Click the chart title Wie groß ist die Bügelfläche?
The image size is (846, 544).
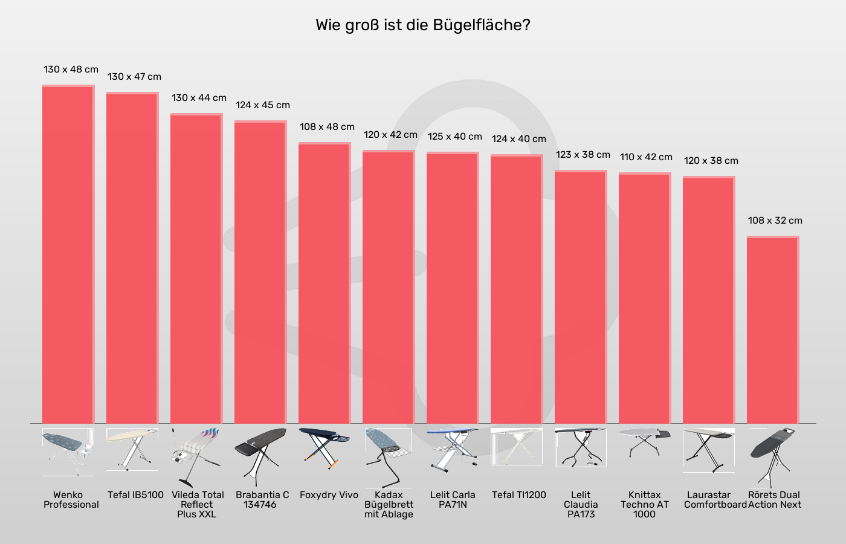click(422, 25)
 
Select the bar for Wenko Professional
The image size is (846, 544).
click(68, 254)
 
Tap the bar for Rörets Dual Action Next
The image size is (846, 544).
click(773, 329)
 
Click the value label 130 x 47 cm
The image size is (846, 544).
click(134, 77)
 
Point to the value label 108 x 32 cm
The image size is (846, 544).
click(775, 221)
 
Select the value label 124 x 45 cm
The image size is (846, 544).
click(262, 105)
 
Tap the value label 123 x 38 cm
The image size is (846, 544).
click(583, 155)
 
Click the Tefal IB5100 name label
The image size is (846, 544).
click(135, 495)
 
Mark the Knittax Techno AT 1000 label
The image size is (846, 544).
click(645, 504)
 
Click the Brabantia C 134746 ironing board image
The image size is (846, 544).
click(260, 455)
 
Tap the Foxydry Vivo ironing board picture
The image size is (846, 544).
click(325, 447)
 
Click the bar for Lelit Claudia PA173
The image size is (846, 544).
click(581, 297)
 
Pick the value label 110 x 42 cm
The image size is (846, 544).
click(646, 157)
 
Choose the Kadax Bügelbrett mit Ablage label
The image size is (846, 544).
click(389, 504)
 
